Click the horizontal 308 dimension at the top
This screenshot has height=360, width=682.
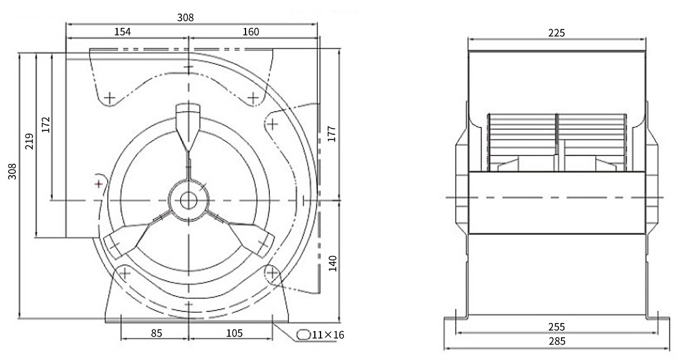click(x=185, y=18)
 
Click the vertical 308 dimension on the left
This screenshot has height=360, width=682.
click(x=12, y=172)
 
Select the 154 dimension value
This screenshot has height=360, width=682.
click(x=122, y=32)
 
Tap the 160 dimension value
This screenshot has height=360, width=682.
click(x=251, y=32)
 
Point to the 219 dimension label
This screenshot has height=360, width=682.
click(x=29, y=141)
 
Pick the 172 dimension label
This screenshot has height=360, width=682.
click(x=45, y=125)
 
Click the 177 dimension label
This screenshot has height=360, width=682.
click(x=331, y=134)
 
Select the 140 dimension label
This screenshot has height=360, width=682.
click(x=333, y=263)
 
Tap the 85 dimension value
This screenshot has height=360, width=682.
click(x=156, y=333)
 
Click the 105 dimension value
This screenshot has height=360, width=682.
click(x=234, y=333)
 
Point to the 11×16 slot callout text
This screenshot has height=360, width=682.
click(x=328, y=335)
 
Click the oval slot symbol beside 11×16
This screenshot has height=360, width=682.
click(x=303, y=335)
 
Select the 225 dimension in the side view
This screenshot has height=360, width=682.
click(x=556, y=33)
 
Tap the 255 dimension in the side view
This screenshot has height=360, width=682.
click(x=556, y=327)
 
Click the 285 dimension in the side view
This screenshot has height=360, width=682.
click(x=557, y=341)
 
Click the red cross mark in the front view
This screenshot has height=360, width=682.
click(x=99, y=184)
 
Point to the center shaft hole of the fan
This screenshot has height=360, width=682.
click(x=189, y=201)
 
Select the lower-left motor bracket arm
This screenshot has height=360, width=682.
click(x=137, y=234)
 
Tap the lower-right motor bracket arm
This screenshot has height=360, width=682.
click(x=240, y=234)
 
